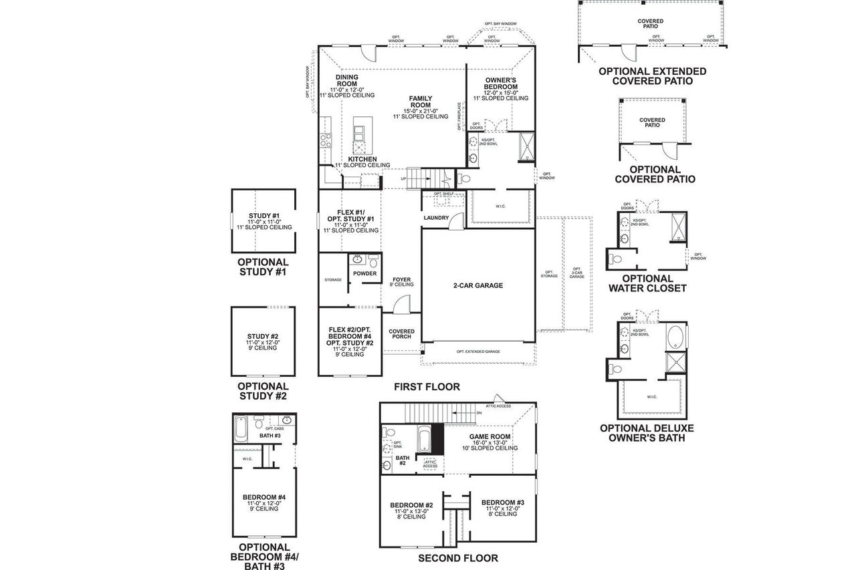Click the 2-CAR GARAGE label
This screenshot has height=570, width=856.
click(x=477, y=285)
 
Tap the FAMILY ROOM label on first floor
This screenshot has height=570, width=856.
click(x=421, y=102)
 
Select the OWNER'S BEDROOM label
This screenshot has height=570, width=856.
click(x=501, y=84)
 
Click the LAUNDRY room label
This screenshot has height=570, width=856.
click(x=436, y=218)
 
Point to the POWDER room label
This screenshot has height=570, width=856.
click(x=364, y=273)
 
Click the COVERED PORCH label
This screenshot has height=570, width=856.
click(x=401, y=334)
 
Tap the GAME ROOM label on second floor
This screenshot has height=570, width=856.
click(x=490, y=436)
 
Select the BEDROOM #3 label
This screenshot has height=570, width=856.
click(x=502, y=503)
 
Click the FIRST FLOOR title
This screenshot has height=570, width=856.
click(x=427, y=387)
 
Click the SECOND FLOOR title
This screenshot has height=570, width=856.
click(x=458, y=558)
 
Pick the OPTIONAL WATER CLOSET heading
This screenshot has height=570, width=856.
click(x=647, y=283)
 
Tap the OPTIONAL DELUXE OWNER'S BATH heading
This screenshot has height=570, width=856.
click(x=647, y=433)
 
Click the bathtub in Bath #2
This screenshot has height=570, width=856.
click(x=424, y=440)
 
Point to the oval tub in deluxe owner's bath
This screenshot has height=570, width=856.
click(x=675, y=336)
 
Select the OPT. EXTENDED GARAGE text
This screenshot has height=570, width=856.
click(x=478, y=351)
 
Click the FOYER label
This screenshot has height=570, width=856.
click(x=401, y=281)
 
